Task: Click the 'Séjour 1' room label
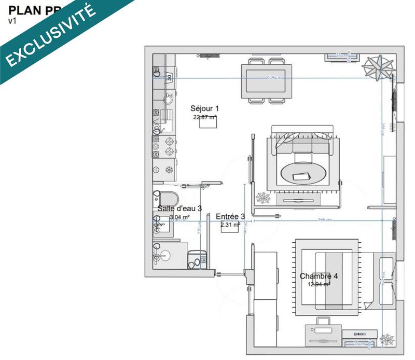point(204,108)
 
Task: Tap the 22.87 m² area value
point(204,117)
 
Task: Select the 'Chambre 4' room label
point(319,276)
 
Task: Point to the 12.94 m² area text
point(319,284)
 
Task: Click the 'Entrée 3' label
point(230,217)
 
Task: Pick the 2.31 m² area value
point(230,225)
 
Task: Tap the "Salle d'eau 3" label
point(179,209)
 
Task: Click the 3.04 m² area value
point(179,217)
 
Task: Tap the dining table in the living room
point(266,80)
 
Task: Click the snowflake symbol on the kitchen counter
point(169,170)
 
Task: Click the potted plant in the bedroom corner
point(386,338)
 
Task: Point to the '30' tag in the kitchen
point(169,77)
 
